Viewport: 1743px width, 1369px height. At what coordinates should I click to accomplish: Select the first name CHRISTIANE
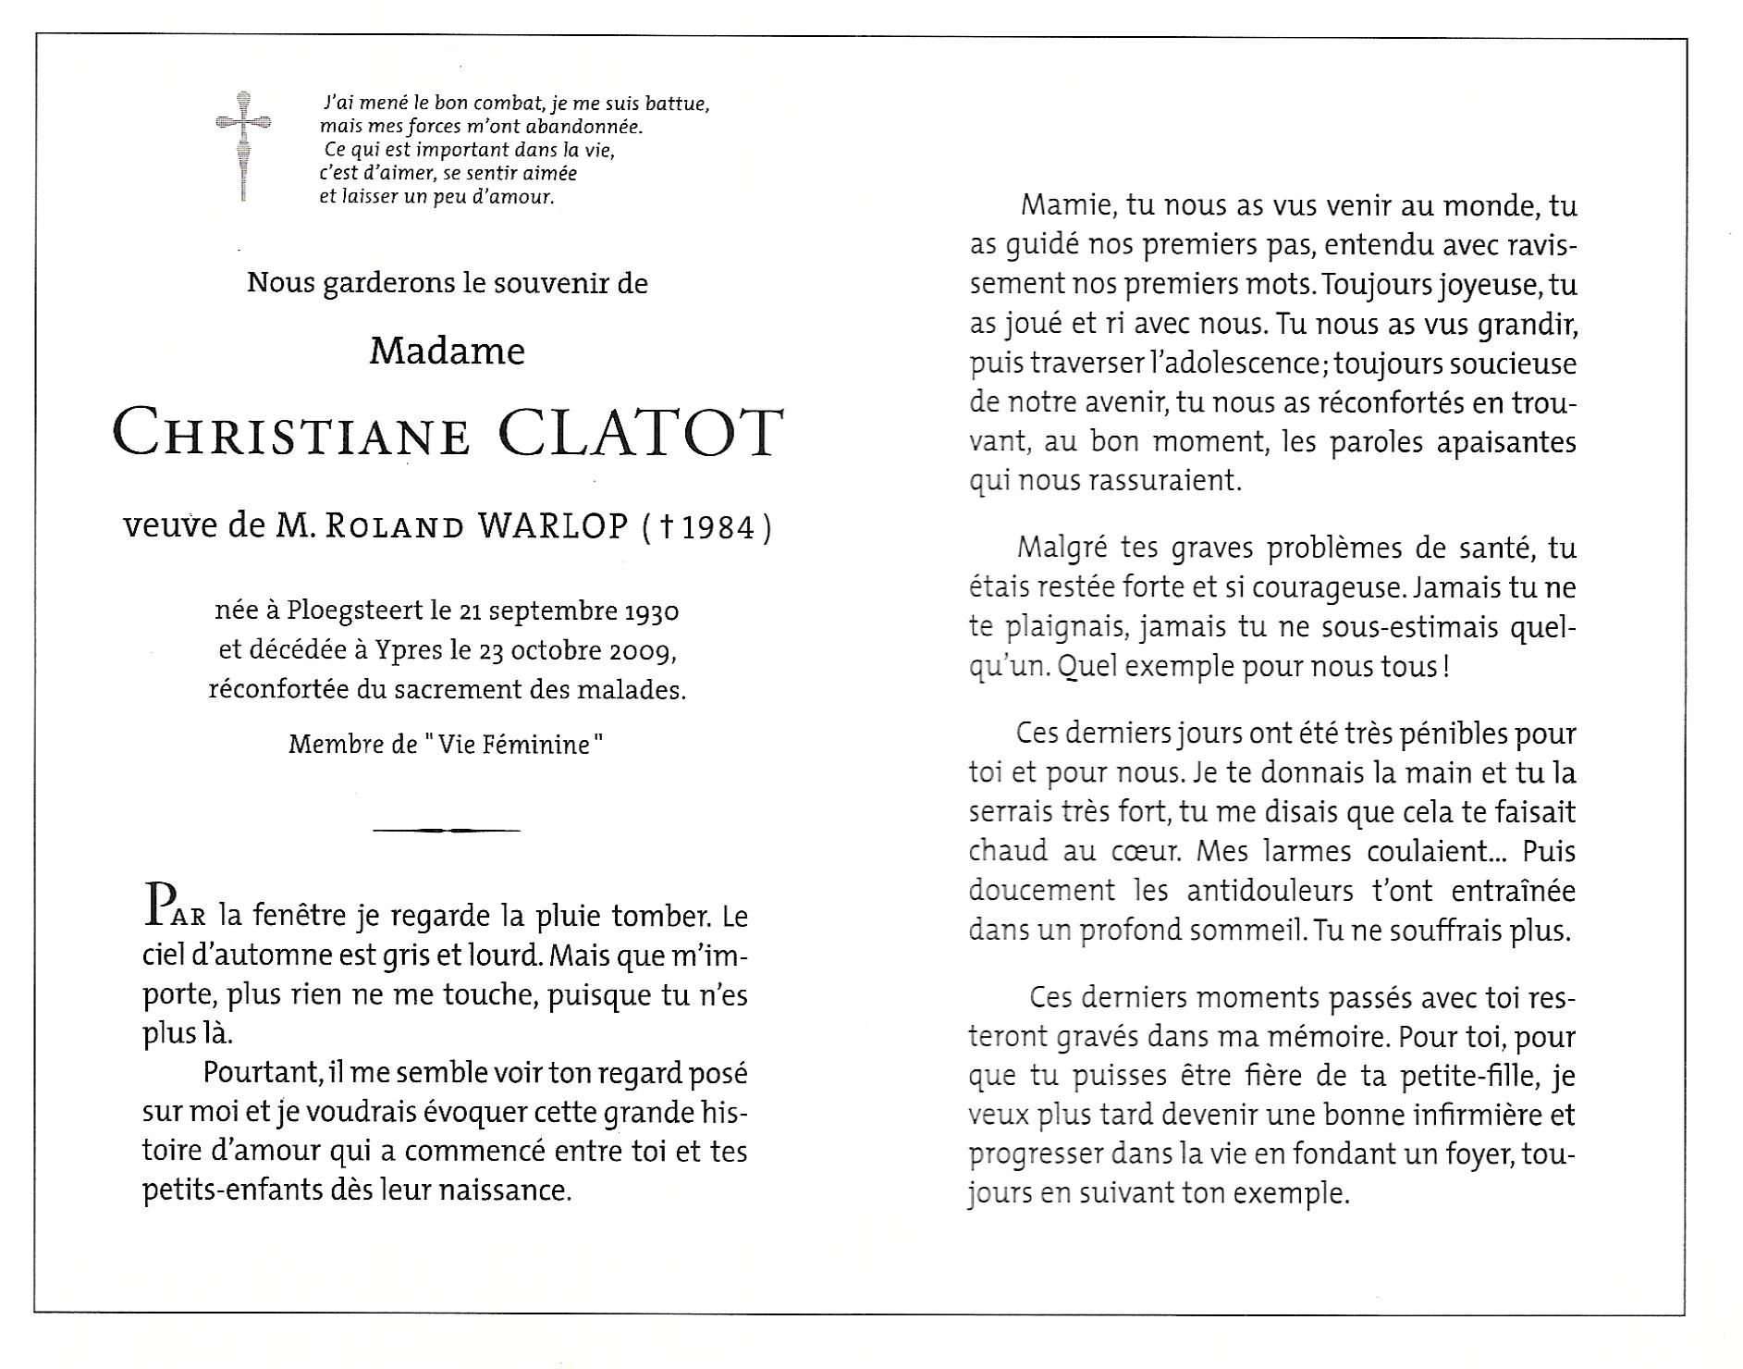pyautogui.click(x=292, y=436)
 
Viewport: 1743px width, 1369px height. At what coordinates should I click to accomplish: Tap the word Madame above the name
pyautogui.click(x=447, y=351)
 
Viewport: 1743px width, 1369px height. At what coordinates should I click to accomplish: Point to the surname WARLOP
pyautogui.click(x=552, y=526)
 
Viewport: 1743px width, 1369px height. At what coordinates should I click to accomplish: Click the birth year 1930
pyautogui.click(x=653, y=612)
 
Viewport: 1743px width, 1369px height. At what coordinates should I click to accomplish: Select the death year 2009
pyautogui.click(x=641, y=651)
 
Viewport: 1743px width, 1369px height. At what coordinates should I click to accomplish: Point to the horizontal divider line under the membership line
pyautogui.click(x=447, y=830)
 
